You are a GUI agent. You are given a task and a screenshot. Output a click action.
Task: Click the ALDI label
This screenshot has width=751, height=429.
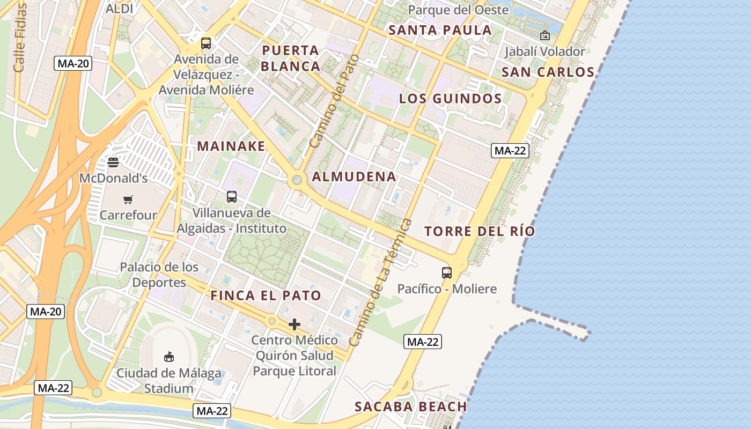tap(119, 9)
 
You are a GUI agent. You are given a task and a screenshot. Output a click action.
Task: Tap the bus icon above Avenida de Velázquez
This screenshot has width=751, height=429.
tap(206, 43)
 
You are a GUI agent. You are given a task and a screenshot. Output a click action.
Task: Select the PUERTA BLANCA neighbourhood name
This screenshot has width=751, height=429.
tap(291, 58)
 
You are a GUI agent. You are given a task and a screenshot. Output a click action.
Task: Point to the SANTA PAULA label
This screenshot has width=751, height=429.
tap(440, 30)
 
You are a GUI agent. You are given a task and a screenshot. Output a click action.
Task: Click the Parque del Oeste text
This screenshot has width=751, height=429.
tap(458, 10)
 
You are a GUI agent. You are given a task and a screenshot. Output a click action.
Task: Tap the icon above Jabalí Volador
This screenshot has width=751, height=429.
tap(545, 36)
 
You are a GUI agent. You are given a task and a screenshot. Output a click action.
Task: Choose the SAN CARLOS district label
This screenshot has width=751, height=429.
tap(548, 72)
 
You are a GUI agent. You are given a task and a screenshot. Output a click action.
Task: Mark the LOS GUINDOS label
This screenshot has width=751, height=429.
tap(451, 99)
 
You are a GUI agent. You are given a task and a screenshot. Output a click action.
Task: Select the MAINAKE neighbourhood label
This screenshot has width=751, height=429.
tap(231, 146)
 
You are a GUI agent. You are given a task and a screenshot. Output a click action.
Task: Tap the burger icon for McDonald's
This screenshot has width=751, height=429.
tap(113, 162)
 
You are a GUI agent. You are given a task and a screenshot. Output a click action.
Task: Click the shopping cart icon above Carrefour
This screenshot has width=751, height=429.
tap(128, 200)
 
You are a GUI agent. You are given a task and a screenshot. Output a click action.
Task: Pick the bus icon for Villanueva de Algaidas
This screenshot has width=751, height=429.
tap(232, 197)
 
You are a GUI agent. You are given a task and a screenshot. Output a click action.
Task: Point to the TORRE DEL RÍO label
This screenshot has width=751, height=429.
tap(480, 232)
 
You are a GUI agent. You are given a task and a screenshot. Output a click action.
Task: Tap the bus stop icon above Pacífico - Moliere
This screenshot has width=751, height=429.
tap(447, 272)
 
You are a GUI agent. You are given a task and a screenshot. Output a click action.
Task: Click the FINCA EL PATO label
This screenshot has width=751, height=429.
tap(266, 295)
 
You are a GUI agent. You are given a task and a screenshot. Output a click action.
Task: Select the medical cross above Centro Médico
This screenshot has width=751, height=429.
tap(294, 324)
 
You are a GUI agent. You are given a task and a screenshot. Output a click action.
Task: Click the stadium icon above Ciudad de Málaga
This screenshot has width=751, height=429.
tap(169, 357)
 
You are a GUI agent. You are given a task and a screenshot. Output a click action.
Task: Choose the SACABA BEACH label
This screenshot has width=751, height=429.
tap(411, 406)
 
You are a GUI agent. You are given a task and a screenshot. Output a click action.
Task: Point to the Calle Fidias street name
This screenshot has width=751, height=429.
tap(20, 38)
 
